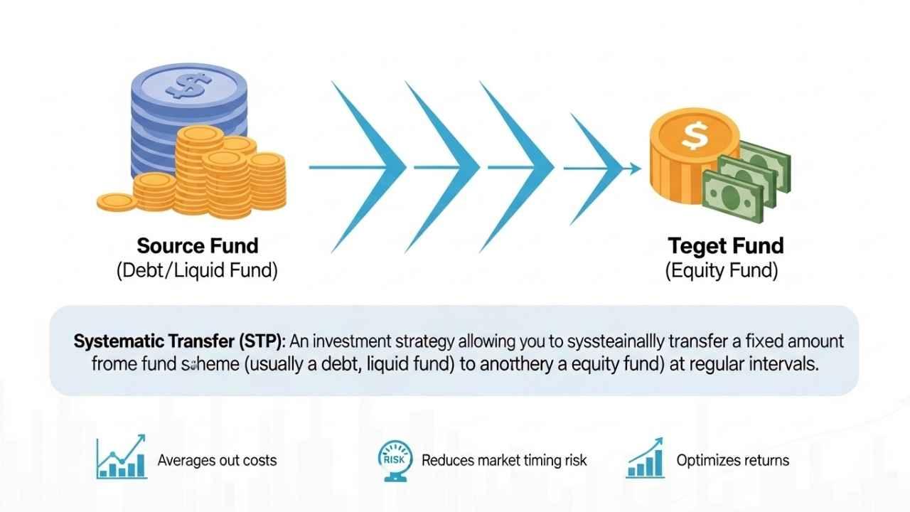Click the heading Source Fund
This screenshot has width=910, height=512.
pyautogui.click(x=197, y=246)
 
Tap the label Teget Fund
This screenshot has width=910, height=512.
pyautogui.click(x=725, y=246)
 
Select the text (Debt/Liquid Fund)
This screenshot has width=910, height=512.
pyautogui.click(x=197, y=271)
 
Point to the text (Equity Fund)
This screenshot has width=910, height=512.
pyautogui.click(x=722, y=271)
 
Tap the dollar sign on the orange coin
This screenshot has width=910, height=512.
pyautogui.click(x=693, y=135)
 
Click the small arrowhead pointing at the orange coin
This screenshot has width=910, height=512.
pyautogui.click(x=631, y=169)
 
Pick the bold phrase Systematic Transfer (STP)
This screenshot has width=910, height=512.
pyautogui.click(x=177, y=341)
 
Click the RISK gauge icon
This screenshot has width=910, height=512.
pyautogui.click(x=393, y=459)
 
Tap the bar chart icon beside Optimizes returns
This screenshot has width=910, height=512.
pyautogui.click(x=645, y=458)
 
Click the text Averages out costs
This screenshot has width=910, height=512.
pyautogui.click(x=217, y=460)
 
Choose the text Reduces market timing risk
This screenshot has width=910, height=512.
pyautogui.click(x=504, y=460)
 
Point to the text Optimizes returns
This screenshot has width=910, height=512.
pyautogui.click(x=732, y=460)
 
